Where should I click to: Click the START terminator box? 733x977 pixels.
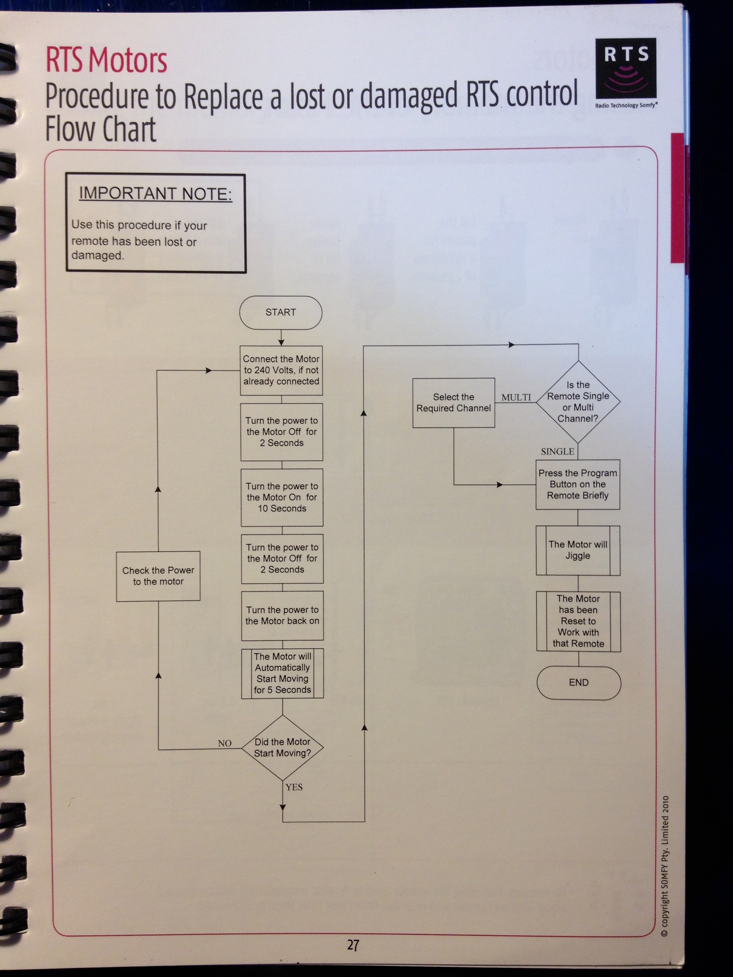click(x=281, y=312)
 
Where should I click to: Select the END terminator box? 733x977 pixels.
click(x=578, y=683)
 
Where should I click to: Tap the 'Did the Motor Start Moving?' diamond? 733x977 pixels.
click(x=283, y=748)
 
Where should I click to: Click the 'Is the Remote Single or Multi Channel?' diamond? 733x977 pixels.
click(x=578, y=402)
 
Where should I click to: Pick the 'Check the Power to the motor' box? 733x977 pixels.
click(x=158, y=576)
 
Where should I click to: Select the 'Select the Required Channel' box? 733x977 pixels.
click(x=453, y=403)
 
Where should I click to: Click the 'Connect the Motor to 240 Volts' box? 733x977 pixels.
click(x=281, y=370)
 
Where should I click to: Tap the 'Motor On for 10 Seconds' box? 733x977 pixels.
click(x=282, y=497)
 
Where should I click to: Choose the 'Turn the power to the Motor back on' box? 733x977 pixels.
click(x=283, y=615)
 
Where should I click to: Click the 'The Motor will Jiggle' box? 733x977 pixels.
click(x=578, y=551)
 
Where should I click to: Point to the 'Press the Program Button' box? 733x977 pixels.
click(x=577, y=484)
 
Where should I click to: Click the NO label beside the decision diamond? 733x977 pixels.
click(x=225, y=743)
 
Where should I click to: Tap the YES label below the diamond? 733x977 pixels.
click(x=294, y=787)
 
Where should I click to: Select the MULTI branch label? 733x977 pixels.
click(x=516, y=397)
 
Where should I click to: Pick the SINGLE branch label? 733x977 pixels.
click(x=557, y=451)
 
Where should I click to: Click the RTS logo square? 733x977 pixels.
click(x=626, y=68)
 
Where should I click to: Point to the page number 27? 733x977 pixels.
click(x=353, y=945)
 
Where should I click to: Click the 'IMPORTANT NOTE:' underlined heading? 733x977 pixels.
click(x=156, y=194)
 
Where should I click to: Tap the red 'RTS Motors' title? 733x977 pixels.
click(x=106, y=61)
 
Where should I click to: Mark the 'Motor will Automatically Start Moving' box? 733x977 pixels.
click(x=283, y=673)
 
